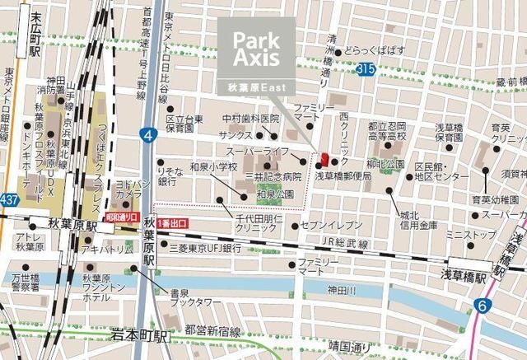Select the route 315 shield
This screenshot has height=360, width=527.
point(366,72)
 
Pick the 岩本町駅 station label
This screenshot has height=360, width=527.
point(139,335)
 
